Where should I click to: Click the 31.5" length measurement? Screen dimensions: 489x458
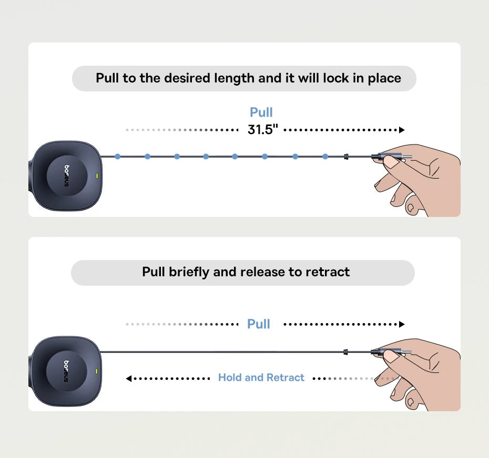(x=262, y=130)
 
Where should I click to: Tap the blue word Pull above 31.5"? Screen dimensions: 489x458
(x=261, y=112)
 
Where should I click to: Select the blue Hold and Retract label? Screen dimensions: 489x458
(x=261, y=378)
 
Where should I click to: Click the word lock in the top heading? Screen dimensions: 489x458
(x=335, y=78)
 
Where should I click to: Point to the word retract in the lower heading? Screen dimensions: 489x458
(x=328, y=272)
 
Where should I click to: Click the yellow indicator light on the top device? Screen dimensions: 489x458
(x=97, y=176)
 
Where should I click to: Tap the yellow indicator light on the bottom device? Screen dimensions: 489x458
(x=96, y=371)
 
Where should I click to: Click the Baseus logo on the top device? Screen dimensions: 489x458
(x=67, y=176)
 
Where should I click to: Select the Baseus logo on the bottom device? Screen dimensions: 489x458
(x=66, y=371)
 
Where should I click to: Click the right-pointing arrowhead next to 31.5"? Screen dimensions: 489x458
(x=402, y=130)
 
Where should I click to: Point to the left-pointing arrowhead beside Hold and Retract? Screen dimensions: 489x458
(x=128, y=379)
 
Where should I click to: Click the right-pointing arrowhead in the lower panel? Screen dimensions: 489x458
(x=402, y=325)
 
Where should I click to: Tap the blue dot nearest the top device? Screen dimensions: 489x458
(x=118, y=157)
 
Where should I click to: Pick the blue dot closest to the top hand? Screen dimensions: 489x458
(x=325, y=157)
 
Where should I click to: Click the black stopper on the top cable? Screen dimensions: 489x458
(x=346, y=157)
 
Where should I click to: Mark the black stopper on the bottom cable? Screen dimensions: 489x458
(x=345, y=352)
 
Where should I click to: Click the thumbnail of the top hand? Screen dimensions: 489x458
(x=391, y=162)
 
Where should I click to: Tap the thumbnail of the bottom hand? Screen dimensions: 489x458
(x=391, y=357)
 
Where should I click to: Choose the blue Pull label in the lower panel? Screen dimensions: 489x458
(x=259, y=324)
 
